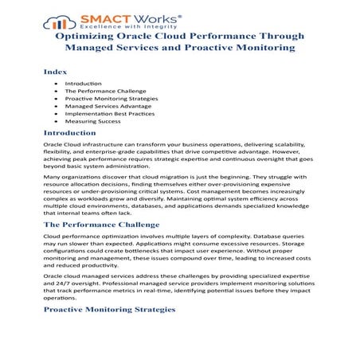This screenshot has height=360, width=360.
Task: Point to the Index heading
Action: click(x=55, y=71)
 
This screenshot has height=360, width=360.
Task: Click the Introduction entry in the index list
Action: click(x=83, y=84)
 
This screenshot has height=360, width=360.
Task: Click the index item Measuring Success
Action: click(x=92, y=121)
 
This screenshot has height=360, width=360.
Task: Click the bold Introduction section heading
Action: click(x=69, y=133)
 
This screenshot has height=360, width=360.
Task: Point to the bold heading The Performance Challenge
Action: click(x=101, y=225)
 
